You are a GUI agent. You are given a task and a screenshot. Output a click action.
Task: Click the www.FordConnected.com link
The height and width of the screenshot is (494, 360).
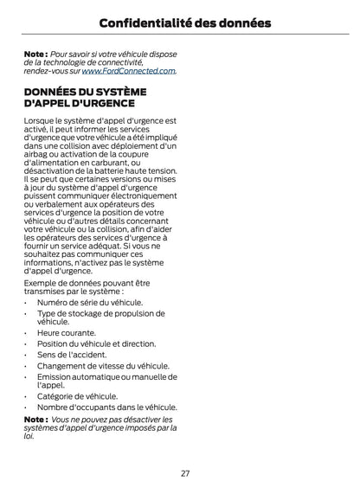point(129,71)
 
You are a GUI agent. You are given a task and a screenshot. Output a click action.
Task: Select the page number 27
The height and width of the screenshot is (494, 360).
point(185,473)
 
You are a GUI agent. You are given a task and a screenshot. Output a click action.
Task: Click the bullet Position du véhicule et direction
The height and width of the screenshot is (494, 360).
point(96,343)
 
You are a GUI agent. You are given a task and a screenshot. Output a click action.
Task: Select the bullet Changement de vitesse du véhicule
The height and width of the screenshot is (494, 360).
point(103,365)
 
